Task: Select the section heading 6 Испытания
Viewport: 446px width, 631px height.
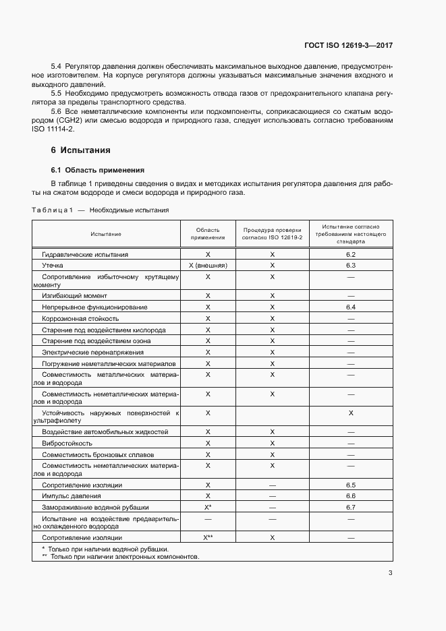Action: [x=80, y=150]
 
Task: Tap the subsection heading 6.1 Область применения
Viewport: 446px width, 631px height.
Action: [x=98, y=170]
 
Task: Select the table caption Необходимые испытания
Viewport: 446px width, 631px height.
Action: [x=129, y=210]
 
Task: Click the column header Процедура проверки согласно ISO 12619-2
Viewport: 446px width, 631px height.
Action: [x=272, y=233]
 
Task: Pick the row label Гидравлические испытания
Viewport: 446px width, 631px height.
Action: [x=85, y=255]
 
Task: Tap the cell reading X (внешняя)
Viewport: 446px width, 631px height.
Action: [x=208, y=266]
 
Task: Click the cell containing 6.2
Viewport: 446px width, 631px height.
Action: [x=350, y=255]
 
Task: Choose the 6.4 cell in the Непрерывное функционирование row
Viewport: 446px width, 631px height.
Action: [x=350, y=307]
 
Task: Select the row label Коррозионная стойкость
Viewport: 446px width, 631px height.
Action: [x=80, y=318]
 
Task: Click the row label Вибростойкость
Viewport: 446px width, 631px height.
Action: [x=67, y=443]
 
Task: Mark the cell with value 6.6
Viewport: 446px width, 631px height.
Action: [x=350, y=495]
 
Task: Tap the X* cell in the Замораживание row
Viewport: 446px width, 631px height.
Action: [x=208, y=507]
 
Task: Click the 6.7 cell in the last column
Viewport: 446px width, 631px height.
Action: [x=350, y=507]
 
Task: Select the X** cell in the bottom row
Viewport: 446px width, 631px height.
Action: [x=208, y=537]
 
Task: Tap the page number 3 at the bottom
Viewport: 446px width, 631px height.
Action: [x=390, y=573]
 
